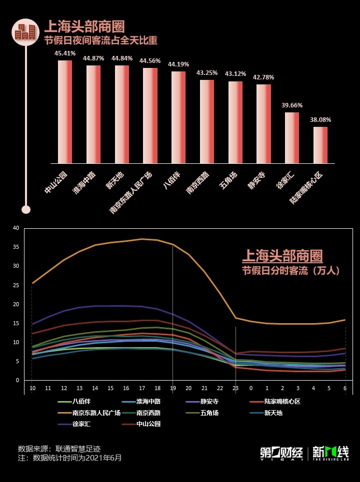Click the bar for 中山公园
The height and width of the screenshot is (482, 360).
[65, 112]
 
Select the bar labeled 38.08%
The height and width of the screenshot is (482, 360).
[320, 145]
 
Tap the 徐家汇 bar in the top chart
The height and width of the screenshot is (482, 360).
[292, 138]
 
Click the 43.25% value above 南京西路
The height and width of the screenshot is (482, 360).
[207, 72]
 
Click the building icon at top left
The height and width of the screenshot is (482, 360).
[25, 32]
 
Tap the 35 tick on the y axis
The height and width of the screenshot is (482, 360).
[16, 247]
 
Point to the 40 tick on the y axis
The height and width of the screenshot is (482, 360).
[16, 228]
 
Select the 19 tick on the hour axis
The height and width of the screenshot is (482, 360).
[173, 388]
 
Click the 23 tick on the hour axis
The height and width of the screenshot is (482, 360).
[235, 388]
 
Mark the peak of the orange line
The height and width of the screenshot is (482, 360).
[142, 239]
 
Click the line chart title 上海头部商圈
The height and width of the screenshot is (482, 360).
[282, 256]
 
